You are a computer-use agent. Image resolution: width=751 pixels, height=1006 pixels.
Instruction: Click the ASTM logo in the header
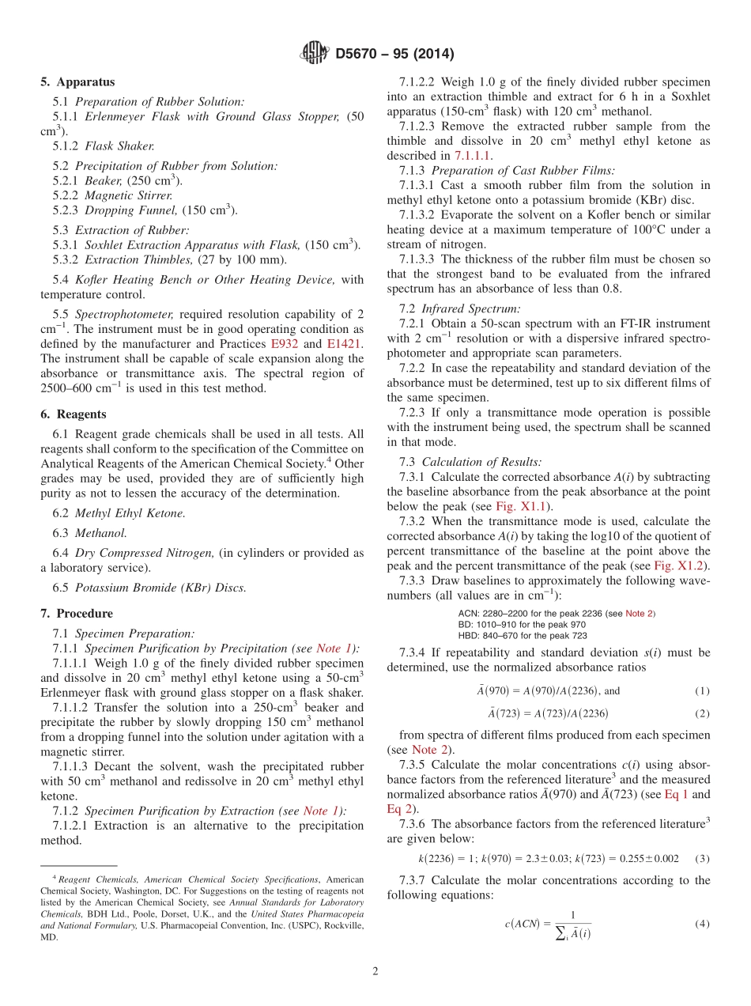(x=315, y=54)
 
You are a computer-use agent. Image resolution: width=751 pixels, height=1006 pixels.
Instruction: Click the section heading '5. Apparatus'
(x=77, y=82)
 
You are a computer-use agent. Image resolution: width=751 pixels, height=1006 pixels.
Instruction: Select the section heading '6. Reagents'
(x=74, y=414)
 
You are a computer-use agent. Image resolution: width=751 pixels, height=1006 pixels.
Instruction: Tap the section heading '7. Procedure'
(x=77, y=614)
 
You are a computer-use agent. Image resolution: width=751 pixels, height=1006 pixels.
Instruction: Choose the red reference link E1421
(x=336, y=344)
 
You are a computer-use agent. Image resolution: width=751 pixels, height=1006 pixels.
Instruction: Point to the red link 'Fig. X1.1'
(x=523, y=506)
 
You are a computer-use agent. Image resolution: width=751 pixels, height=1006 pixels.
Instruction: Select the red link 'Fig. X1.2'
(x=681, y=565)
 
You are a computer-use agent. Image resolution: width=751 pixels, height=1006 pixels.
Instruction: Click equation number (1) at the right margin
(x=702, y=690)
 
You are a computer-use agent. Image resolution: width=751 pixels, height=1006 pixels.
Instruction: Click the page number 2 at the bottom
(x=375, y=971)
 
